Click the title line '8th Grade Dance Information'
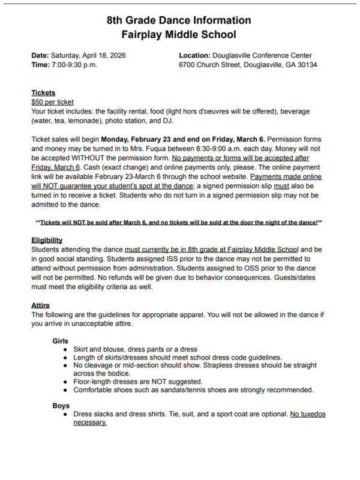point(179,20)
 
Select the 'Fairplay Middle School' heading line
point(179,35)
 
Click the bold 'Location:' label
point(196,55)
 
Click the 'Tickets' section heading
point(43,93)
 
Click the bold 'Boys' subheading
point(61,405)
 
